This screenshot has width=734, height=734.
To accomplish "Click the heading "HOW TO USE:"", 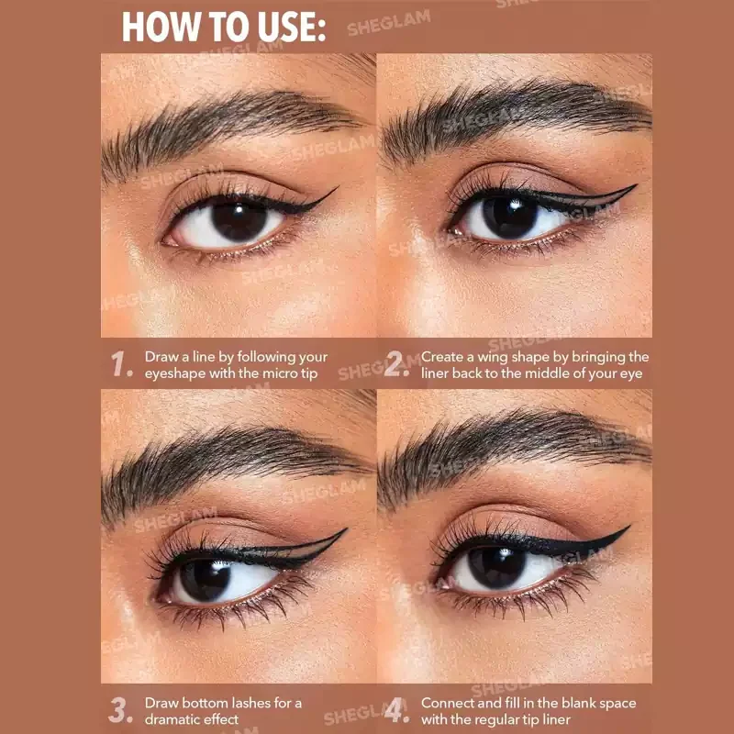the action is (x=224, y=28).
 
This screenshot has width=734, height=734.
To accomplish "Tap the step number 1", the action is (x=121, y=364).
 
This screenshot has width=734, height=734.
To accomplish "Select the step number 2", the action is (x=396, y=364).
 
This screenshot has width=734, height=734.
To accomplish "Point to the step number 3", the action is (x=120, y=710).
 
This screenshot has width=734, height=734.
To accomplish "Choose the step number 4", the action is (x=396, y=710).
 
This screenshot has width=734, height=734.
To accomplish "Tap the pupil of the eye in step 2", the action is (x=510, y=217).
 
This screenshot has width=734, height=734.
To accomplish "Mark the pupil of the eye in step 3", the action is (x=205, y=580).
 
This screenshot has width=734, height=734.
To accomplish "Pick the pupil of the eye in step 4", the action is (x=496, y=567).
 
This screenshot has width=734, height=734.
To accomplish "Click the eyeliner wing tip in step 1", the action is (x=337, y=188).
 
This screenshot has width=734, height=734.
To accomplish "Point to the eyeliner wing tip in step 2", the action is (x=635, y=185).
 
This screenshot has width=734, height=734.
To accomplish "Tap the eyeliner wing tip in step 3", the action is (x=346, y=529).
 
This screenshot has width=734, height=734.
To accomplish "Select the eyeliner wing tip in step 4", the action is (x=629, y=527).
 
